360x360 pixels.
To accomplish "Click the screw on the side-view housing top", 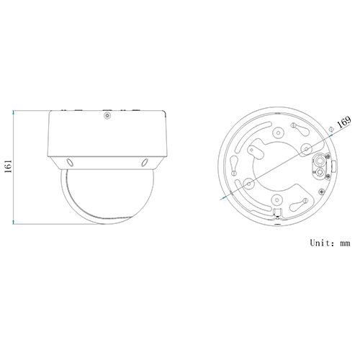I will (x=107, y=115).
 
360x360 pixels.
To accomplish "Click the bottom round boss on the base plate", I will (x=276, y=202).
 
